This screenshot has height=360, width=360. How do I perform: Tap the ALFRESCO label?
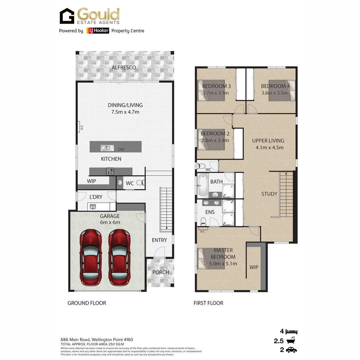tap(124, 67)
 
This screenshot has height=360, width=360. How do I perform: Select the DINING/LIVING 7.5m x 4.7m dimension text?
tap(125, 112)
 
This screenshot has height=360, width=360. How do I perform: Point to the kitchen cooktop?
tap(110, 171)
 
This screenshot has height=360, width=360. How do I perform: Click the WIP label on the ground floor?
tap(92, 181)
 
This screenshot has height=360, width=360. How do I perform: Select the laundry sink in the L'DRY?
tap(93, 207)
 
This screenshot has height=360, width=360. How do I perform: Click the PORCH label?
tap(161, 272)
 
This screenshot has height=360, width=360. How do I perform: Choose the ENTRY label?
tap(159, 240)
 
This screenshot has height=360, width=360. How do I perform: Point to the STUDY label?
tap(269, 194)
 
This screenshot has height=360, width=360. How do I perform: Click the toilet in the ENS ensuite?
tap(203, 221)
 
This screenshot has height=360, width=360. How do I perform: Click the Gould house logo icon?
tap(67, 16)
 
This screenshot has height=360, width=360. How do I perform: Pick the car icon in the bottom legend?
tap(292, 350)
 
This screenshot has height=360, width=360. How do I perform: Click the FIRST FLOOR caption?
tap(208, 303)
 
